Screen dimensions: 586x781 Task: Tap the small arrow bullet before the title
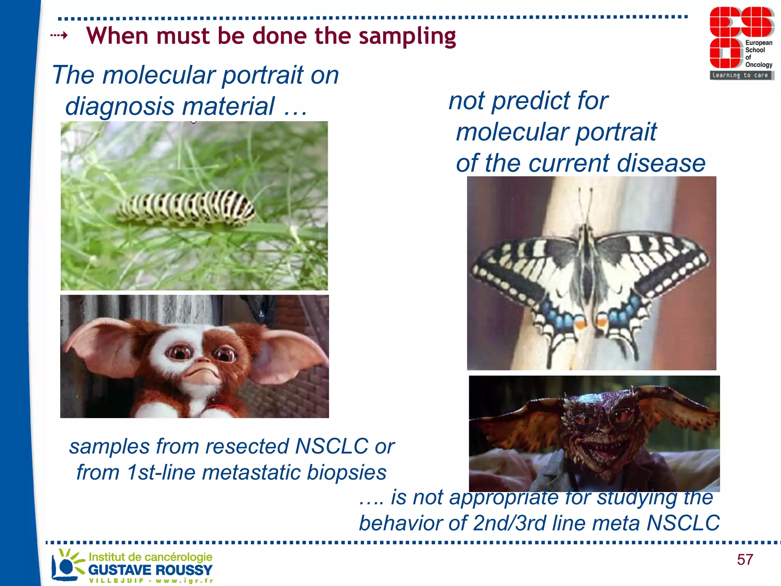click(59, 36)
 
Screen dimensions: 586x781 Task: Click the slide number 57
click(745, 560)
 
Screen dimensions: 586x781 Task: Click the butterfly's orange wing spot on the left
click(580, 325)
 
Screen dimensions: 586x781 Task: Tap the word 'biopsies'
click(346, 472)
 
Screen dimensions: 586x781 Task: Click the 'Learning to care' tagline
click(740, 76)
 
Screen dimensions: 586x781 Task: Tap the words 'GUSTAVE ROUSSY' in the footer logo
click(150, 570)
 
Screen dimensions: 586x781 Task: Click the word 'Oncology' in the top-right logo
click(759, 65)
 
